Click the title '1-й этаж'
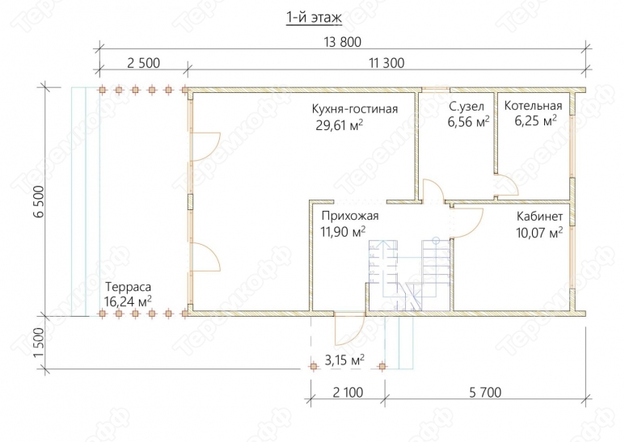click(x=314, y=19)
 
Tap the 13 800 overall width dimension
click(x=342, y=42)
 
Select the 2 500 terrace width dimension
click(x=143, y=63)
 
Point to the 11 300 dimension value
click(x=386, y=63)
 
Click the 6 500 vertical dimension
click(x=39, y=201)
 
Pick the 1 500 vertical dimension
click(x=39, y=343)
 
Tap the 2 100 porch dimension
click(x=348, y=393)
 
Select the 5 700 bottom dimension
click(x=485, y=393)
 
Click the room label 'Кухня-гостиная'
click(x=355, y=109)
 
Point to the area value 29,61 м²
click(x=340, y=125)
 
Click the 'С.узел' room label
click(x=467, y=107)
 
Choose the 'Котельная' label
click(x=533, y=106)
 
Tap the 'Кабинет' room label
click(x=540, y=217)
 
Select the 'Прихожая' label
click(x=350, y=216)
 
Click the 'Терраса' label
click(x=129, y=287)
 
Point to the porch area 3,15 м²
click(x=344, y=360)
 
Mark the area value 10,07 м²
click(x=539, y=232)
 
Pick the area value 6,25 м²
click(x=535, y=120)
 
